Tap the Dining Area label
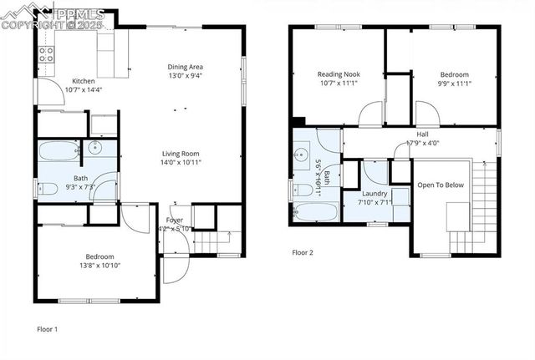point(186,67)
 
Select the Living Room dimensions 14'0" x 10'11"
point(181,162)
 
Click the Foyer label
point(176,220)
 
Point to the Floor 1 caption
point(48,328)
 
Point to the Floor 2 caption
point(303,251)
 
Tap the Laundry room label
point(374,193)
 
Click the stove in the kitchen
point(47,55)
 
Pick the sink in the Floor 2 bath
point(301,155)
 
